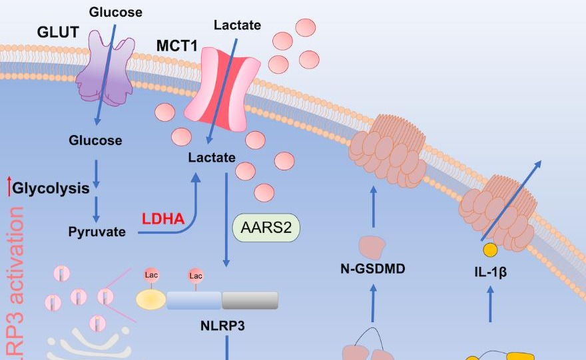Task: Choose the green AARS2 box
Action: click(x=266, y=228)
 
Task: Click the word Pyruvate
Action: click(x=97, y=232)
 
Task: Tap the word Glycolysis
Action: click(x=51, y=188)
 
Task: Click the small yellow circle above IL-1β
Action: click(x=490, y=250)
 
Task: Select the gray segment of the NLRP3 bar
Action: click(x=250, y=300)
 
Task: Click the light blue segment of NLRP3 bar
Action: click(x=194, y=300)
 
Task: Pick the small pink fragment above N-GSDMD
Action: click(x=373, y=246)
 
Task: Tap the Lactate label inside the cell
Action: click(x=212, y=158)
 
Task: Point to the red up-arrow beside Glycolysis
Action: click(x=9, y=188)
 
